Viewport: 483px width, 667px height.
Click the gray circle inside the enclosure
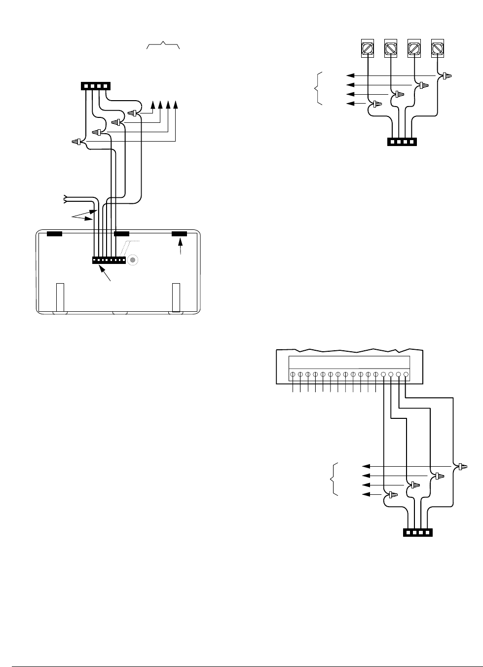pos(132,260)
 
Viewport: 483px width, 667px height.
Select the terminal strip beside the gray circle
pos(109,260)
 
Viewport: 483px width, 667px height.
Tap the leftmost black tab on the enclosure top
pos(54,233)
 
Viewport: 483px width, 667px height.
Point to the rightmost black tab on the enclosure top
pos(179,233)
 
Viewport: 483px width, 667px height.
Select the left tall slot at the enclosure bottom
pos(60,297)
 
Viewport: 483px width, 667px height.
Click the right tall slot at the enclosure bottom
pos(176,297)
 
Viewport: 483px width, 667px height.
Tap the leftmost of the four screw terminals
pos(367,48)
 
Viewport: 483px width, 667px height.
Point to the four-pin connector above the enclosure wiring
pos(96,86)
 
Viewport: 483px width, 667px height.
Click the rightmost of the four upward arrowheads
pos(177,105)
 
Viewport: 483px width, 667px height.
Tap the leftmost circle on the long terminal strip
pos(293,374)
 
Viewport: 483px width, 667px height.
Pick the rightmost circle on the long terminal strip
pos(406,374)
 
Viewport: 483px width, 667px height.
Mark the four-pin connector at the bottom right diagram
pos(418,533)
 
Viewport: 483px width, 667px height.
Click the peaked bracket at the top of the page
pos(163,46)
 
